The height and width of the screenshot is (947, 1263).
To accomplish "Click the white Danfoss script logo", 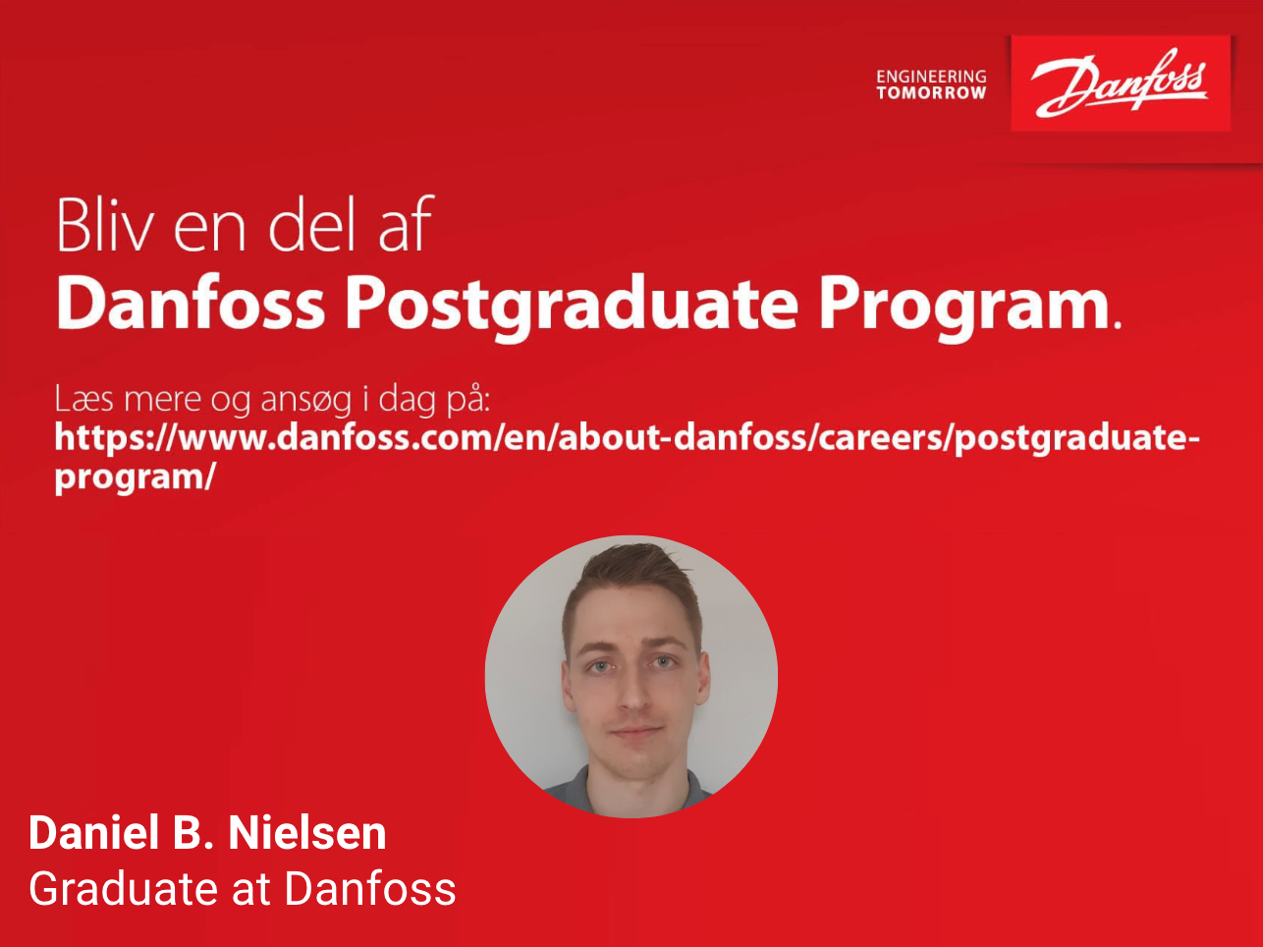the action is pyautogui.click(x=1120, y=84).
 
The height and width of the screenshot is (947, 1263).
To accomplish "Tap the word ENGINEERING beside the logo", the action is pyautogui.click(x=931, y=77).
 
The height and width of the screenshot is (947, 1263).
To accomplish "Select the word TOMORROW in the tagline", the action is pyautogui.click(x=931, y=93).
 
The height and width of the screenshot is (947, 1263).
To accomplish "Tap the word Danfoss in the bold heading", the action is pyautogui.click(x=191, y=302).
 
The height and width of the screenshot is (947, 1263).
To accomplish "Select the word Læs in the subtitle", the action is pyautogui.click(x=83, y=398).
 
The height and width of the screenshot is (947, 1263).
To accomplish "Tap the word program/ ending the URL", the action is pyautogui.click(x=136, y=477).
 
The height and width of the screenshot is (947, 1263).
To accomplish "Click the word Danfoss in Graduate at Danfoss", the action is pyautogui.click(x=370, y=888).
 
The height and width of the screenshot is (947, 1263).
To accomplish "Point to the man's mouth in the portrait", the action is pyautogui.click(x=635, y=731).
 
